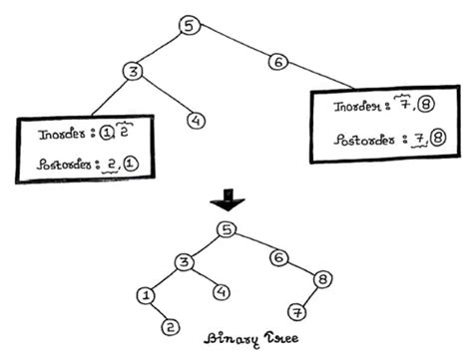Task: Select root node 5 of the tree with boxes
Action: (x=190, y=27)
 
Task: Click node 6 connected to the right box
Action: (x=278, y=63)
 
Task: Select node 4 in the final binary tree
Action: (x=222, y=293)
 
